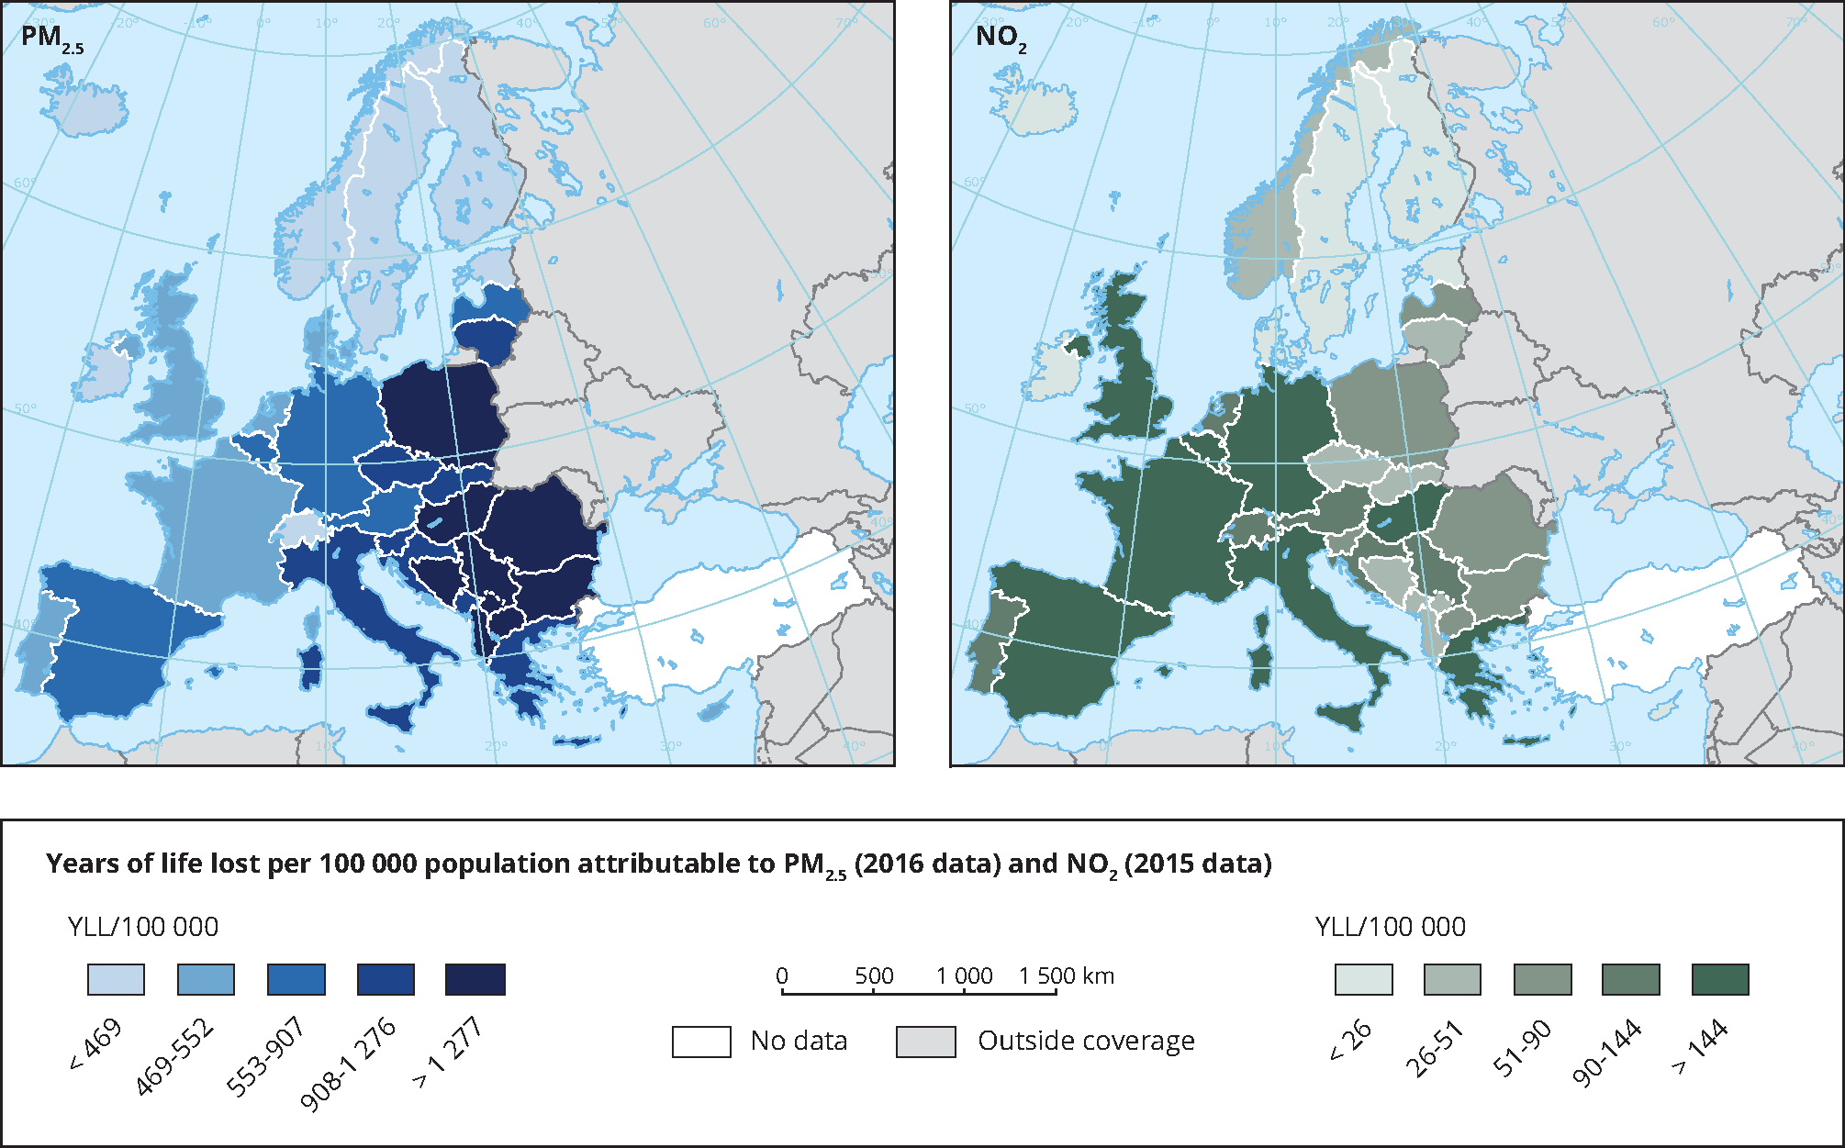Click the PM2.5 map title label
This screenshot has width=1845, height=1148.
tap(51, 39)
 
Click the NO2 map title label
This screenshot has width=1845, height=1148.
tap(1001, 39)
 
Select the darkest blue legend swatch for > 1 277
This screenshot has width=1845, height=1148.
tap(475, 979)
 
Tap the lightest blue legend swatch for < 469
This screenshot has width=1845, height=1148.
tap(116, 979)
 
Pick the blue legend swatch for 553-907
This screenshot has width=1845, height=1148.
tap(296, 979)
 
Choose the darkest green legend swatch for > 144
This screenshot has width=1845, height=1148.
tap(1719, 979)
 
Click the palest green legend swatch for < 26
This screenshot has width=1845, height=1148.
tap(1363, 979)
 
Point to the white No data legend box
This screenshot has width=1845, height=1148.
tap(701, 1042)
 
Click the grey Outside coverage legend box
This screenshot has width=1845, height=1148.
tap(925, 1042)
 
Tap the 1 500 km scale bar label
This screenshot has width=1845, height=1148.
tap(1066, 975)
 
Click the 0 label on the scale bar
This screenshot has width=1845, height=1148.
tap(781, 975)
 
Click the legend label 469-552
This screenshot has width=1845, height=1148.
tap(174, 1057)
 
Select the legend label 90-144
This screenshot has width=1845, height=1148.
tap(1606, 1053)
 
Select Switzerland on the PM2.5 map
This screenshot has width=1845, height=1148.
tap(300, 530)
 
